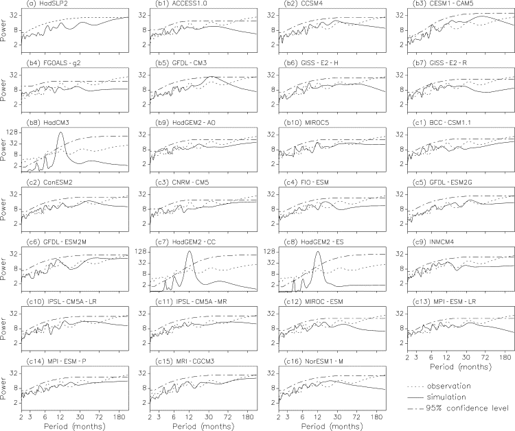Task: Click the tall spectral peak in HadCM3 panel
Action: pos(61,132)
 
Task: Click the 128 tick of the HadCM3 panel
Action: pos(14,133)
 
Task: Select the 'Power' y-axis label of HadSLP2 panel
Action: pos(5,31)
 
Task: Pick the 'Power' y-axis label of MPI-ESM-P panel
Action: pos(5,388)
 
